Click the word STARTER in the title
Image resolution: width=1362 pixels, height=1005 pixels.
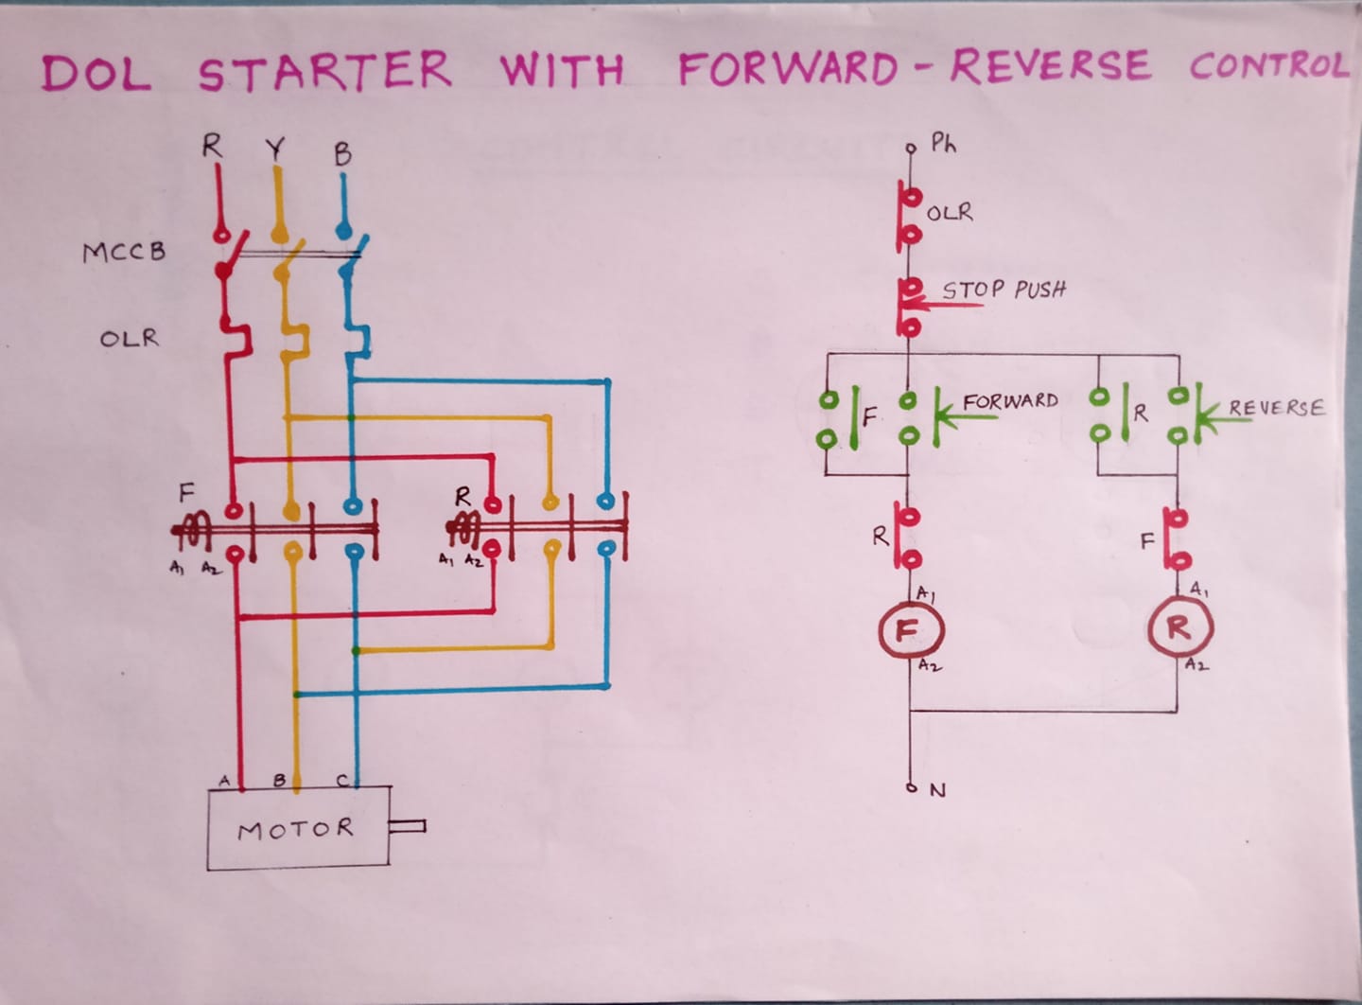[325, 71]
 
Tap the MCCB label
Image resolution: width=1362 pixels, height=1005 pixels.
[124, 252]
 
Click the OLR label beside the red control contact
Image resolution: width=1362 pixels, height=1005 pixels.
[950, 212]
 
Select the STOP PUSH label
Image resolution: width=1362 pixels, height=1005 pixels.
[1004, 290]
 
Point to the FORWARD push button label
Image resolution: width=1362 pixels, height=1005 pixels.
[1010, 401]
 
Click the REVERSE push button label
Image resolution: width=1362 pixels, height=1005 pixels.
[1276, 407]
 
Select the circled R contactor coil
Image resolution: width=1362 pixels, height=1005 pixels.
[1180, 628]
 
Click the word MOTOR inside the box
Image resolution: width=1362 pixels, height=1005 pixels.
[295, 829]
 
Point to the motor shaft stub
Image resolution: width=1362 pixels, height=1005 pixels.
[407, 826]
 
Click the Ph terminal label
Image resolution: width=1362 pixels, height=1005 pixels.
[944, 144]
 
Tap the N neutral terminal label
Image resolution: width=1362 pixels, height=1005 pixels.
[937, 790]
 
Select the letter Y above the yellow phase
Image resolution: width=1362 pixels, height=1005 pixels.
[275, 149]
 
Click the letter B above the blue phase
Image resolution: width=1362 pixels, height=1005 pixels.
[343, 154]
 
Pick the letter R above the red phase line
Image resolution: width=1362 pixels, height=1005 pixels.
[212, 146]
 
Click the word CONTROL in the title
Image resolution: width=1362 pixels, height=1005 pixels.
[1269, 66]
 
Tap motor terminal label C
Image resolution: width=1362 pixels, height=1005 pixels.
[343, 781]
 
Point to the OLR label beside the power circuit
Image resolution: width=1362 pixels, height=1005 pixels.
[129, 338]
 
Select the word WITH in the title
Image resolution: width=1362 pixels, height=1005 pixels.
[563, 69]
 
